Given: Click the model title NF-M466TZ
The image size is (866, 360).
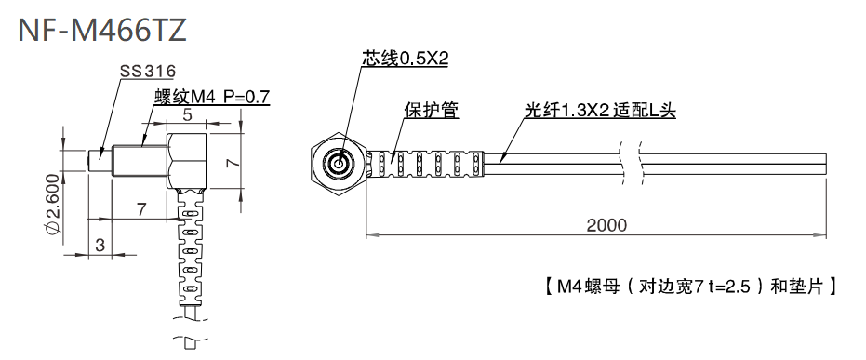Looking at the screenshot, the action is pyautogui.click(x=102, y=29).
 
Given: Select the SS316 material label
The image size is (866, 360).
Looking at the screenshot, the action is pyautogui.click(x=148, y=72).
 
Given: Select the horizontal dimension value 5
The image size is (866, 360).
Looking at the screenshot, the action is pyautogui.click(x=187, y=116).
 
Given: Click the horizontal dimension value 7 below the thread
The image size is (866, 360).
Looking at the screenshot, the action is pyautogui.click(x=140, y=210).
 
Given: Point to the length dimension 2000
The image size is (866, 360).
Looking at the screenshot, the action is pyautogui.click(x=606, y=225).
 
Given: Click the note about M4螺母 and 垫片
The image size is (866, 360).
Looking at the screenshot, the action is pyautogui.click(x=688, y=286).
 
